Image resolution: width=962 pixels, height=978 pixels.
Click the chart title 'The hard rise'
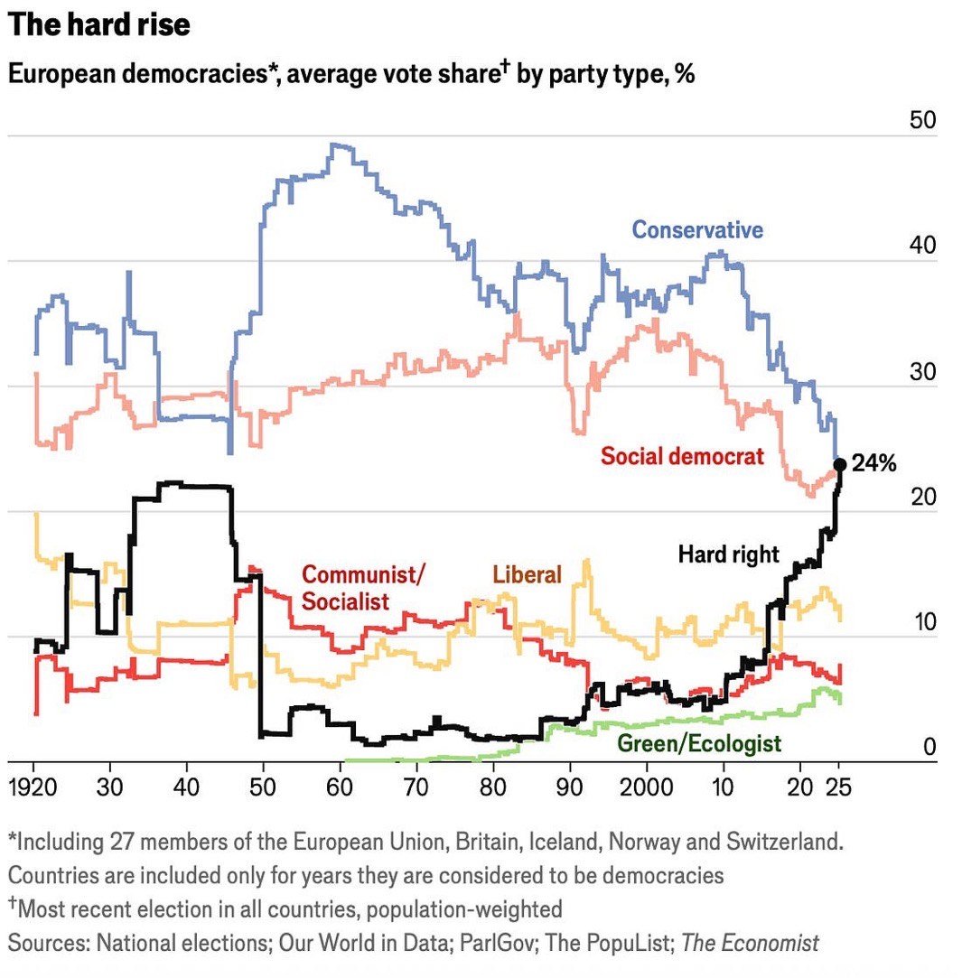(x=99, y=24)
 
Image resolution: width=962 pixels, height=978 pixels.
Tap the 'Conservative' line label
(x=696, y=229)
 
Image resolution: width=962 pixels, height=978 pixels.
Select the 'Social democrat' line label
(x=682, y=456)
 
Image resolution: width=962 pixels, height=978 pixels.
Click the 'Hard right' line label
(x=728, y=554)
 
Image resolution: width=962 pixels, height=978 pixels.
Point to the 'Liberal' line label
(x=527, y=574)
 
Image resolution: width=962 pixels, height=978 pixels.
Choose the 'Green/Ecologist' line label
(x=698, y=744)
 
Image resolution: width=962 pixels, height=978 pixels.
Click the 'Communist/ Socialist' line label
(x=361, y=588)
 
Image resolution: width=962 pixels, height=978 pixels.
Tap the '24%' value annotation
(x=873, y=465)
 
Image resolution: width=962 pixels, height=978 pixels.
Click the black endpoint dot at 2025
(x=839, y=464)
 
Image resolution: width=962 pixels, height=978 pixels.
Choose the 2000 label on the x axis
(x=646, y=786)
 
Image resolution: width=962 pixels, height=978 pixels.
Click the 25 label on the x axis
(x=839, y=786)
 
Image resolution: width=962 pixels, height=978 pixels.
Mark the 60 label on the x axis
(x=340, y=786)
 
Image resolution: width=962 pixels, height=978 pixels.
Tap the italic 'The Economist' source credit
(x=750, y=944)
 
